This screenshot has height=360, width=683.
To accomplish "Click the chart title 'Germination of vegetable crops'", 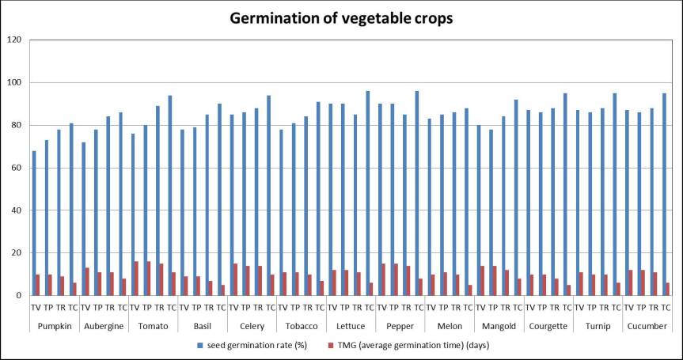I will tap(341, 18).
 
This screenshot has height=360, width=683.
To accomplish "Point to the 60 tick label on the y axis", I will tap(13, 168).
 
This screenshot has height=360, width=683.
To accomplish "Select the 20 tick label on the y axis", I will tap(13, 253).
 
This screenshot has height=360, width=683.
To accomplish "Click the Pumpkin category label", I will tap(54, 325).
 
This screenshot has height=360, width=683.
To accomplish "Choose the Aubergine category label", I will tap(104, 325).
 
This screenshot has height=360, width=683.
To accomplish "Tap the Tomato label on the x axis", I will tap(153, 325).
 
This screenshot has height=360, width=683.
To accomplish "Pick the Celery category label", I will tap(251, 325).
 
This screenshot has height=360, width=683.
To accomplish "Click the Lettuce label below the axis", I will tap(350, 325).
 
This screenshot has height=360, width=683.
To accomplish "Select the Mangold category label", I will tap(498, 325).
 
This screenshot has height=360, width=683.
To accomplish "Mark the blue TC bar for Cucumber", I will tap(663, 195).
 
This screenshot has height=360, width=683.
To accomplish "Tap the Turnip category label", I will tap(597, 325).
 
